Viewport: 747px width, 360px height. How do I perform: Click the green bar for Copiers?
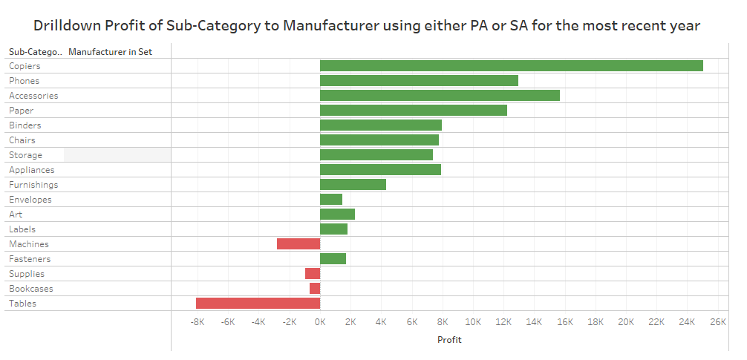coord(511,66)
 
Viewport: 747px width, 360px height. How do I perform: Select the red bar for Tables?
coord(258,304)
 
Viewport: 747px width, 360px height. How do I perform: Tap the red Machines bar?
coord(299,244)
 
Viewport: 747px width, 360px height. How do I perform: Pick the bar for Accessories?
coord(440,96)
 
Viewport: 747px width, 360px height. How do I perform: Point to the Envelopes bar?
coord(331,200)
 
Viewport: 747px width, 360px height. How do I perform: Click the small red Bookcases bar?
coord(315,289)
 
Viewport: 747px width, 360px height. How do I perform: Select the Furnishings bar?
coord(353,185)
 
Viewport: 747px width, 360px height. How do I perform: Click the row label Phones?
coord(25,81)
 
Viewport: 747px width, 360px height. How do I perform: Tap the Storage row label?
coord(25,155)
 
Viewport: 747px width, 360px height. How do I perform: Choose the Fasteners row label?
coord(30,259)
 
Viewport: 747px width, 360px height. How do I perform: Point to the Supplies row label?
coord(27,274)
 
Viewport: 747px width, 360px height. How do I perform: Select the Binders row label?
coord(25,125)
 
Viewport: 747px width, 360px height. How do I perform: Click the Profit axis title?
coord(448,340)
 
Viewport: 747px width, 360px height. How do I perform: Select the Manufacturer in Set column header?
coord(110,52)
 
